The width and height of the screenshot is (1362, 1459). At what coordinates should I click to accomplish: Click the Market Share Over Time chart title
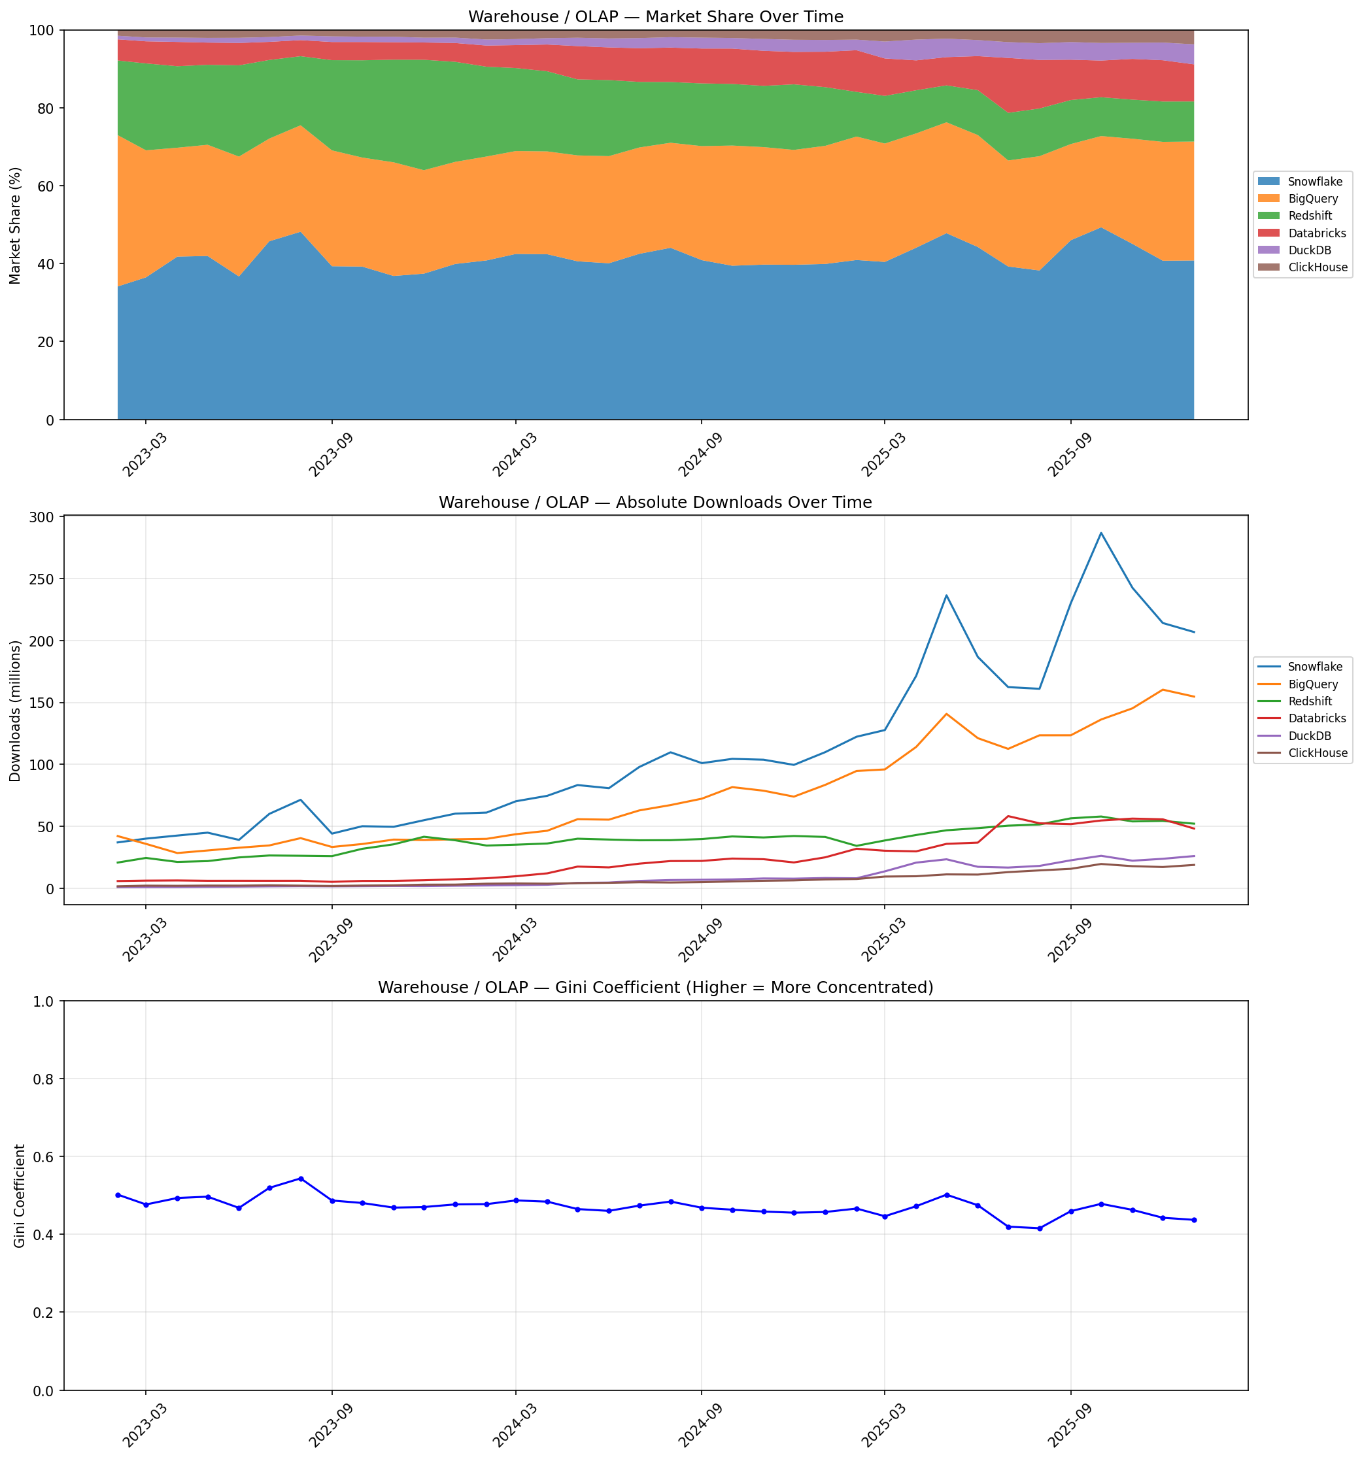point(655,17)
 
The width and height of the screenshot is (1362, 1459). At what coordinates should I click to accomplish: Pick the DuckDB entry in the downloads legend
point(1309,735)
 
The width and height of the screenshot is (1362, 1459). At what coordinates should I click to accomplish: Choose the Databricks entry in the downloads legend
point(1316,718)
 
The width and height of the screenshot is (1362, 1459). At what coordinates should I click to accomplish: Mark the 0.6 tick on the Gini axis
point(44,1156)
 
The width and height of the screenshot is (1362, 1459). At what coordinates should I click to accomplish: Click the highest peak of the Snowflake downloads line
point(1100,533)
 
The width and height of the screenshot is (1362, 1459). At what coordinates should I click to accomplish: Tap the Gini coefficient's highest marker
point(300,1179)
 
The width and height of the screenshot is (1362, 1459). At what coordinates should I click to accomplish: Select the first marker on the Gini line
point(118,1195)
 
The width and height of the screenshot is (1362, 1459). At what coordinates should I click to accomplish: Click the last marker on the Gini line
point(1194,1220)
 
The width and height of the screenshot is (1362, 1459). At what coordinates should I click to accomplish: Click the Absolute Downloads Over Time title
point(655,503)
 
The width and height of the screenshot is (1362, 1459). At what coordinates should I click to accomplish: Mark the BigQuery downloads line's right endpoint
point(1194,696)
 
